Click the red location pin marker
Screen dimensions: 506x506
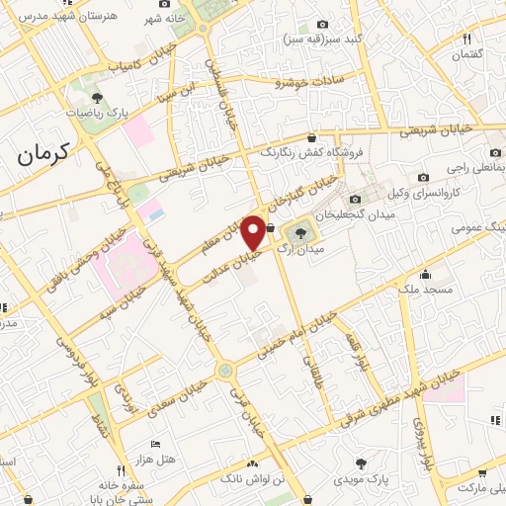coord(254,231)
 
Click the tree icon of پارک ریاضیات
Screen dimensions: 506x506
coord(97,97)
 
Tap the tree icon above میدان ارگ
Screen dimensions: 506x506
coord(295,233)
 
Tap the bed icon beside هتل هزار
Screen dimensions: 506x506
coord(154,444)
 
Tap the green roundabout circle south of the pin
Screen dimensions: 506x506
coord(225,371)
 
